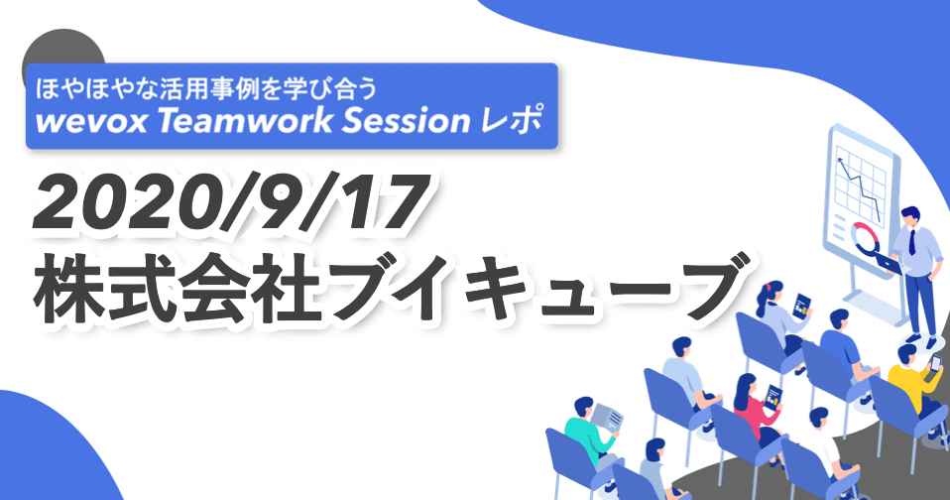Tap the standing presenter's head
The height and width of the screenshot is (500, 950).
tap(910, 215)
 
